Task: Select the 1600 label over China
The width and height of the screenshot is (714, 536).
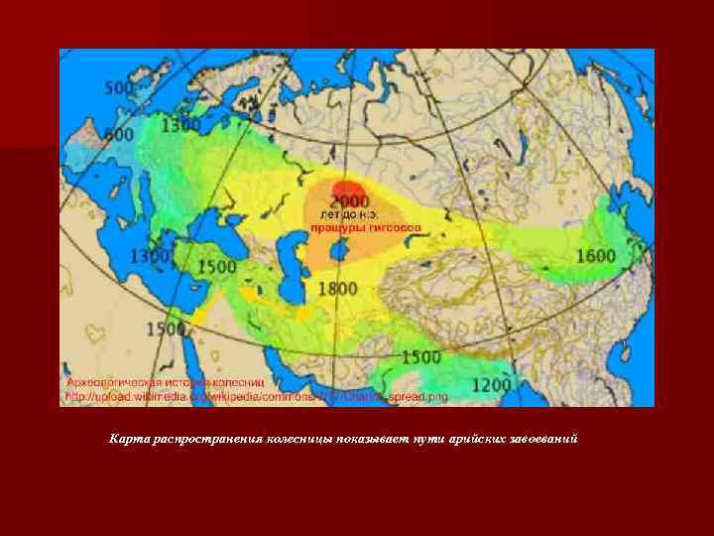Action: click(595, 256)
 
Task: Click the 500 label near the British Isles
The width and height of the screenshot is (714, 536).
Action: click(120, 88)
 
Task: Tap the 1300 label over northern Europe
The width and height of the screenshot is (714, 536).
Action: click(180, 125)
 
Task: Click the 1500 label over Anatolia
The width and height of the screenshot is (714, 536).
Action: click(216, 267)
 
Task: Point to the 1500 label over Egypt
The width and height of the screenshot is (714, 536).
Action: click(167, 329)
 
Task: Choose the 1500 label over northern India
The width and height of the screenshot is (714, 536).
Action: click(420, 356)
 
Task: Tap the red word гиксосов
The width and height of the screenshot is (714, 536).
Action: click(394, 227)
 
